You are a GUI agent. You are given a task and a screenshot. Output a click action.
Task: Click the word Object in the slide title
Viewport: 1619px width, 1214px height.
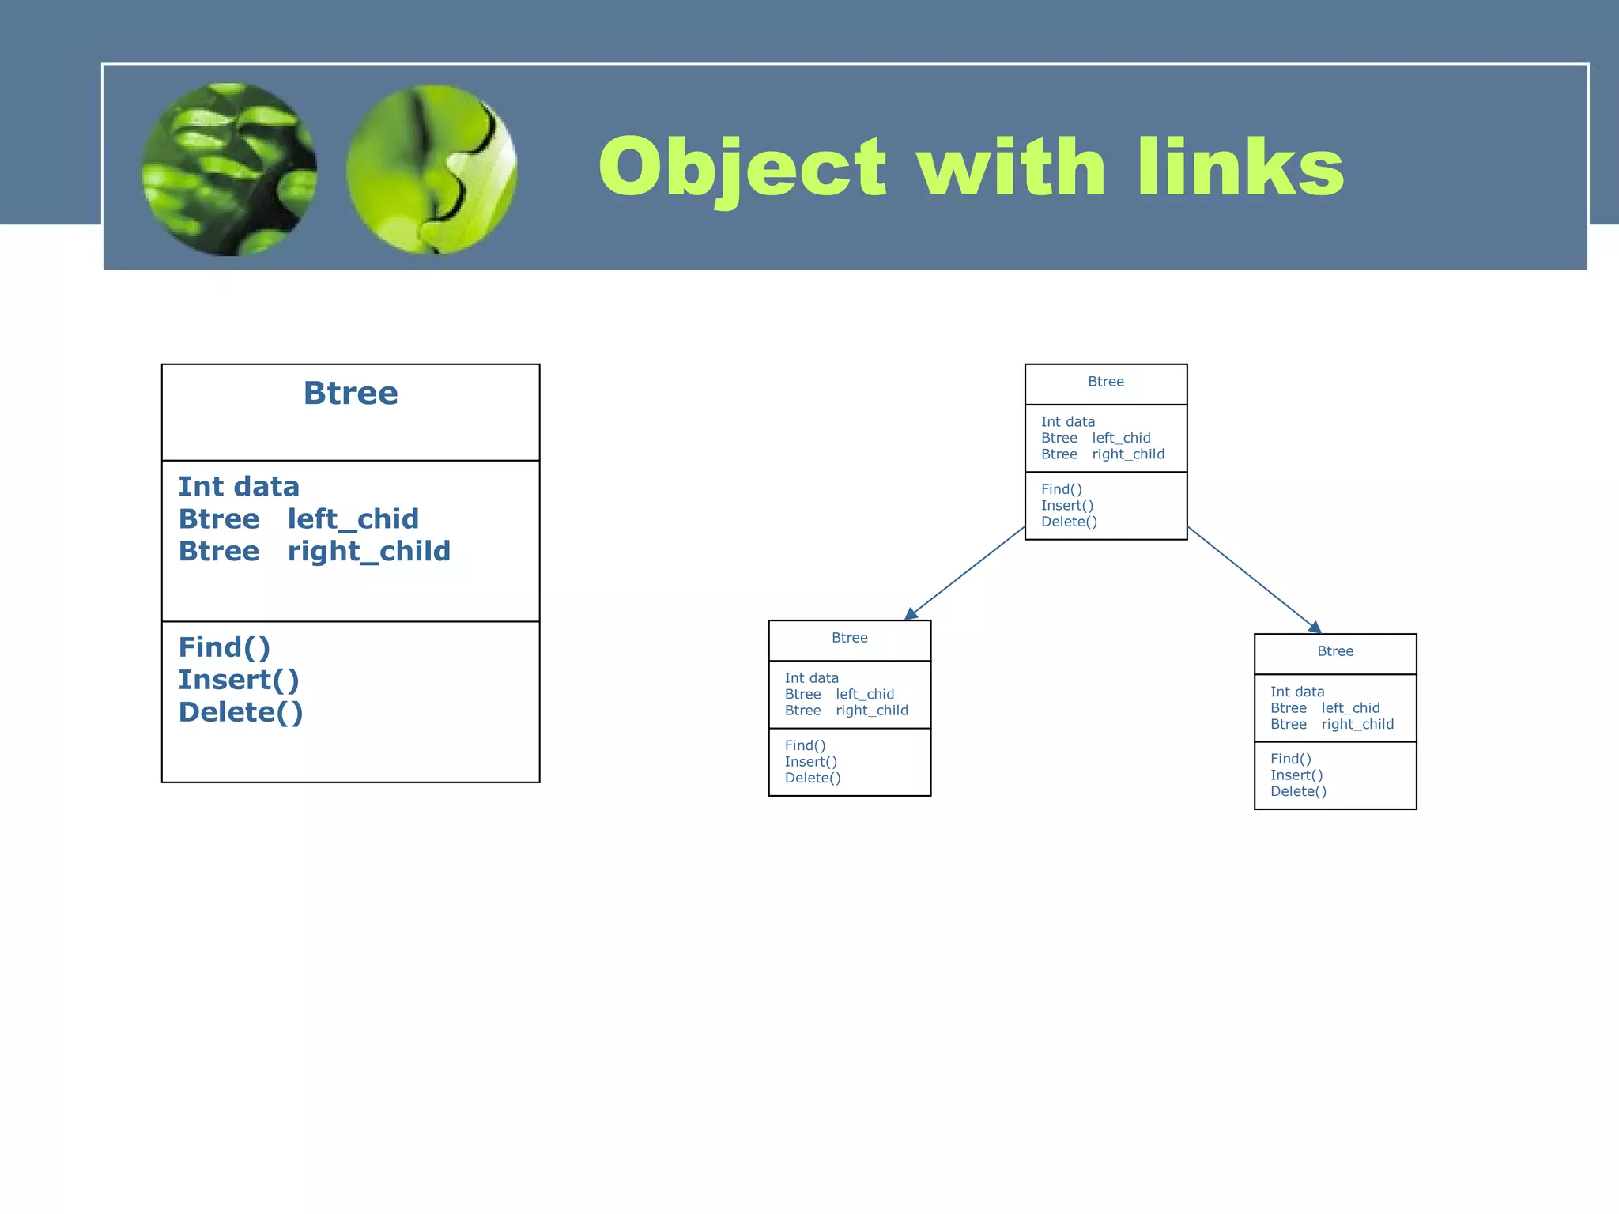pyautogui.click(x=742, y=168)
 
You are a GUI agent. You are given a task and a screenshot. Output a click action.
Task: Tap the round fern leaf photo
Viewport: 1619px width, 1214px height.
pyautogui.click(x=229, y=169)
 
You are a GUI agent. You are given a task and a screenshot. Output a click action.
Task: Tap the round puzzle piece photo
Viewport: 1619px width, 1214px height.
pyautogui.click(x=432, y=169)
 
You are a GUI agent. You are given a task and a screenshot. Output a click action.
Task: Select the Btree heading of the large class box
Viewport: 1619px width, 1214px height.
pyautogui.click(x=350, y=393)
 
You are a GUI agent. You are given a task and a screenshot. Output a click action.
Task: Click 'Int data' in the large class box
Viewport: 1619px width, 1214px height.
pyautogui.click(x=239, y=486)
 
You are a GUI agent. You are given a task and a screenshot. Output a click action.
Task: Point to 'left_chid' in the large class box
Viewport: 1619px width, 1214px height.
pyautogui.click(x=353, y=518)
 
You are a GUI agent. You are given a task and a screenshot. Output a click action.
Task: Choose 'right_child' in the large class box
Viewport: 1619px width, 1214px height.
pyautogui.click(x=368, y=551)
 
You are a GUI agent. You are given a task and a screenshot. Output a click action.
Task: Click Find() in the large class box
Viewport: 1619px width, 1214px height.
pyautogui.click(x=225, y=647)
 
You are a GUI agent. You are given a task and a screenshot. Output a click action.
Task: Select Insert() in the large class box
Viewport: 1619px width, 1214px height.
pyautogui.click(x=239, y=680)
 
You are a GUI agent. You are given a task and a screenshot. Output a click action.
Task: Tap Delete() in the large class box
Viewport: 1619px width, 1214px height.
pyautogui.click(x=240, y=712)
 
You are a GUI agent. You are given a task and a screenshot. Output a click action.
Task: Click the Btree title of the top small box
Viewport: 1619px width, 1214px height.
pyautogui.click(x=1105, y=382)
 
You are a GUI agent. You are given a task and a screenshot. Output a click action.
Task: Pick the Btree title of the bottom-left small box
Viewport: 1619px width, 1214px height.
pyautogui.click(x=849, y=638)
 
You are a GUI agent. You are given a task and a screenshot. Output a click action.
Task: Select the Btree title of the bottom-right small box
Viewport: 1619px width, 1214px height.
pyautogui.click(x=1334, y=651)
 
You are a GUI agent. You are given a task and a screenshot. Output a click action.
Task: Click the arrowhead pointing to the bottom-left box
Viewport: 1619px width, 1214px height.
pyautogui.click(x=911, y=614)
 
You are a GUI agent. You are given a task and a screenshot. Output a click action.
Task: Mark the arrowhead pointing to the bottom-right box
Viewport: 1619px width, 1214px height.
pyautogui.click(x=1314, y=627)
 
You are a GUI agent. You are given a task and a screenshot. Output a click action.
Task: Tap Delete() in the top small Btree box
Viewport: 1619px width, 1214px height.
pyautogui.click(x=1069, y=522)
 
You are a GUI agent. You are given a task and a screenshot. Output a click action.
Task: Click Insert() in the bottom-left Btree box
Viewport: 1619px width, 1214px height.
pyautogui.click(x=810, y=762)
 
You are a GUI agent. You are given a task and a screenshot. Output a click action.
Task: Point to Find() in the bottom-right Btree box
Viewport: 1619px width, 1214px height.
pyautogui.click(x=1290, y=759)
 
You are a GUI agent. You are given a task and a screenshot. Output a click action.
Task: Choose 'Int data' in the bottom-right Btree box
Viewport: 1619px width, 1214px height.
pyautogui.click(x=1296, y=692)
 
